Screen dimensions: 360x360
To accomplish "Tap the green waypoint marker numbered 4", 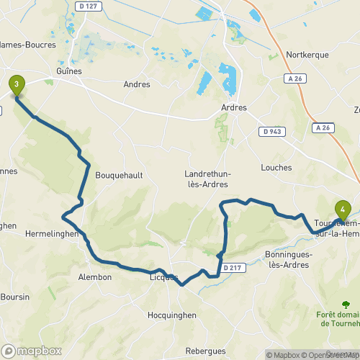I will [x=343, y=210].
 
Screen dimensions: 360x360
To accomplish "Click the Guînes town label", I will [x=69, y=71].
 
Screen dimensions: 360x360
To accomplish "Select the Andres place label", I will [x=136, y=84].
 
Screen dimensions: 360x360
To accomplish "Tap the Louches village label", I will [x=278, y=167].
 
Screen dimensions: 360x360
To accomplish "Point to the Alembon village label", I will [x=94, y=276].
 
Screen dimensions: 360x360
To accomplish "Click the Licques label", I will [x=163, y=277].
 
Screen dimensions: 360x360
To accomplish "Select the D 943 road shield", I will [x=271, y=131].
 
